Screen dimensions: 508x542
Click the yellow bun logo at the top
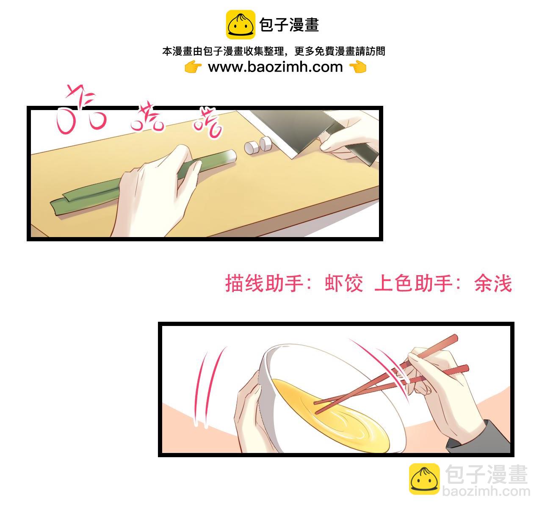[x=241, y=25]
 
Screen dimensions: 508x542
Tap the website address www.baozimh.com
[x=275, y=67]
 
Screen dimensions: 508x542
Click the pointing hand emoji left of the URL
[x=193, y=67]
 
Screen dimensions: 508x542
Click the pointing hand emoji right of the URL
[x=358, y=67]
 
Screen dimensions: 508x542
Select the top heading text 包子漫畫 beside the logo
[x=289, y=25]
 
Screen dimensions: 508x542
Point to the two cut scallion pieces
[x=258, y=145]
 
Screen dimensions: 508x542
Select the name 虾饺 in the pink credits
[x=344, y=283]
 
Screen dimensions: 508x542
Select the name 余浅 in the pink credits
[x=493, y=283]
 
